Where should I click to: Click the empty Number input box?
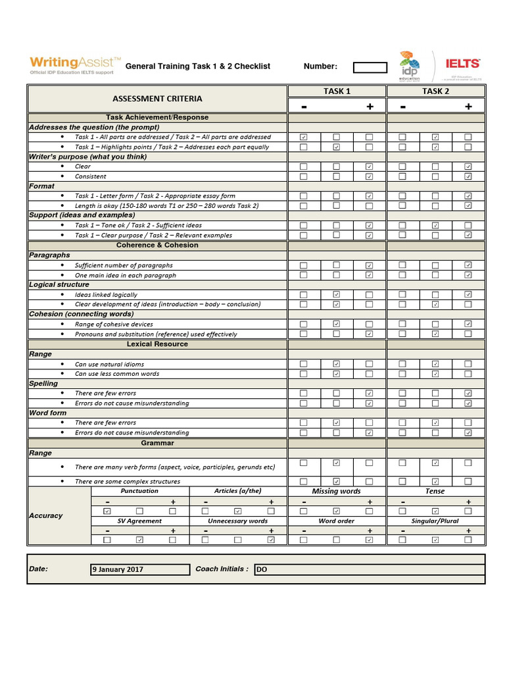point(370,66)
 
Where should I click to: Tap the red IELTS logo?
point(463,64)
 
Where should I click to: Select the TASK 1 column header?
point(337,91)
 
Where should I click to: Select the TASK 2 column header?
point(435,91)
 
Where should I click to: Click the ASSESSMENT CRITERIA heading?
point(157,99)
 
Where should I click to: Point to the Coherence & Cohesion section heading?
point(157,245)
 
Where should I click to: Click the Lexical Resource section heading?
point(157,344)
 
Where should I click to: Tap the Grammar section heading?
point(157,443)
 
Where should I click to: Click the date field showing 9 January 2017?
point(139,569)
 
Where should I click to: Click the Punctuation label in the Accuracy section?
point(139,491)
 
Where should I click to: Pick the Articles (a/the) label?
point(237,491)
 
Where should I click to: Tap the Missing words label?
point(336,491)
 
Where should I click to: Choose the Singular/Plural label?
point(435,521)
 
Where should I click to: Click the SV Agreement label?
point(139,521)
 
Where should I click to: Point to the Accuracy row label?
point(45,515)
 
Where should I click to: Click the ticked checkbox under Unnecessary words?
point(271,540)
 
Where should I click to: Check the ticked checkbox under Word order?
point(369,540)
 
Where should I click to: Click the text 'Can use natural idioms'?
point(109,364)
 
